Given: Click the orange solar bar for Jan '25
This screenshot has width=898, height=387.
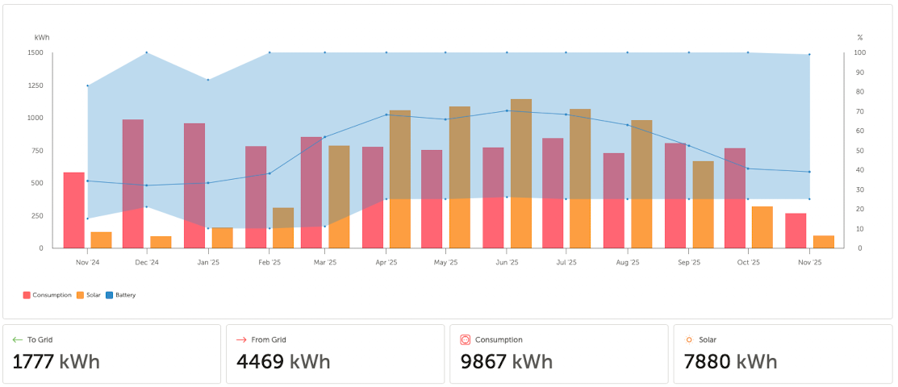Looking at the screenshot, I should click(x=223, y=238).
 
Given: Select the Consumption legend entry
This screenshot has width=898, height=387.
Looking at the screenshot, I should click(x=48, y=295).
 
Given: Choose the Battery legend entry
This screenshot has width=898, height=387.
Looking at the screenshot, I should click(x=121, y=295).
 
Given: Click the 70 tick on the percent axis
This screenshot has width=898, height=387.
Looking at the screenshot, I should click(x=859, y=111).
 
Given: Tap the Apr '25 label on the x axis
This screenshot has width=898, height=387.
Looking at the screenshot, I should click(x=386, y=262).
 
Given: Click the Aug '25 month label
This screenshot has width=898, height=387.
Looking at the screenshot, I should click(x=627, y=262).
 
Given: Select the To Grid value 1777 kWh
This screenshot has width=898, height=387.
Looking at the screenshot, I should click(x=56, y=361).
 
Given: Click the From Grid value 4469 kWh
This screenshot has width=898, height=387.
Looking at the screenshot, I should click(x=283, y=361).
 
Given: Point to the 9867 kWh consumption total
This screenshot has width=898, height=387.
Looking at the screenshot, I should click(x=507, y=361).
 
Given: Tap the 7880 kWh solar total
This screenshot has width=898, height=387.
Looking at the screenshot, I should click(x=730, y=361).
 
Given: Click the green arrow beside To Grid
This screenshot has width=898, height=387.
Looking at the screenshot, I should click(x=18, y=340).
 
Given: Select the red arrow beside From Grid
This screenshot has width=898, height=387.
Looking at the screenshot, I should click(x=241, y=340).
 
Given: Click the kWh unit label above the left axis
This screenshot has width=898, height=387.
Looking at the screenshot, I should click(x=42, y=38).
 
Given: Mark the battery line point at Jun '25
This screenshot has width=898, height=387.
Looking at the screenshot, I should click(x=507, y=110).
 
